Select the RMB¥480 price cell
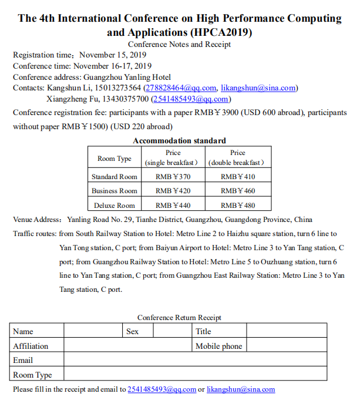coord(238,206)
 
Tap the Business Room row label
coord(114,191)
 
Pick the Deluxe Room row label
coord(114,206)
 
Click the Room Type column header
coord(114,159)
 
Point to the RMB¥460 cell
coord(238,191)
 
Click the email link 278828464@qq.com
coord(180,88)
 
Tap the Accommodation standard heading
coord(179,140)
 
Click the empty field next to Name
coord(93,331)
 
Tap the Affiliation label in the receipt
coord(31,346)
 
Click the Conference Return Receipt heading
coord(179,318)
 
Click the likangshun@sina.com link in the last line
coord(240,389)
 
